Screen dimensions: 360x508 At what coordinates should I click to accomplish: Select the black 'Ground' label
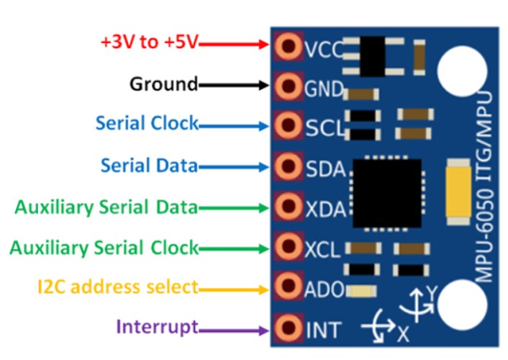[x=163, y=84]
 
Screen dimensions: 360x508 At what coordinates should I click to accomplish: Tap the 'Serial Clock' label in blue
[x=147, y=123]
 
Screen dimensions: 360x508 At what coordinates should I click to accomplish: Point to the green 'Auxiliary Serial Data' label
[x=106, y=207]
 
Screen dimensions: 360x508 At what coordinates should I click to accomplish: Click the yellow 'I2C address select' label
[x=117, y=287]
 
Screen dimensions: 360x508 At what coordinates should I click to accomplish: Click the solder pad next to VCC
[x=288, y=48]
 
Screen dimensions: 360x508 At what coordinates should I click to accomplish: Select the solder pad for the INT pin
[x=288, y=330]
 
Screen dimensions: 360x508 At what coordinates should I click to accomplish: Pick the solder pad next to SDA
[x=288, y=168]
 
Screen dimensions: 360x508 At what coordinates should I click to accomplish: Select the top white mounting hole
[x=459, y=70]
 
